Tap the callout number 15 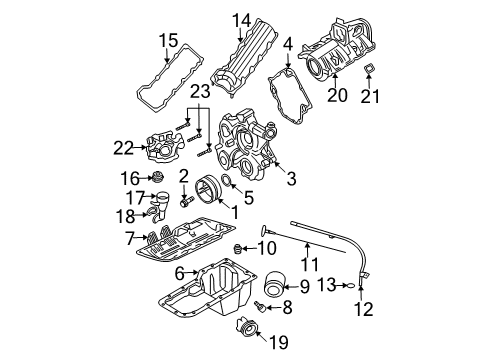tap(167, 40)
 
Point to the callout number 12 tap(364, 309)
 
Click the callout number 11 tap(310, 265)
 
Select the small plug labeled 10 tap(239, 247)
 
